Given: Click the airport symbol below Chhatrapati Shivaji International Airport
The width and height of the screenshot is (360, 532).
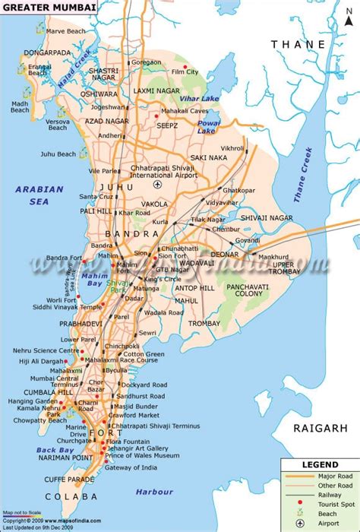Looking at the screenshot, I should pyautogui.click(x=158, y=184).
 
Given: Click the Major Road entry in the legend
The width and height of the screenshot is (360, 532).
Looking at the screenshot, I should pyautogui.click(x=328, y=475).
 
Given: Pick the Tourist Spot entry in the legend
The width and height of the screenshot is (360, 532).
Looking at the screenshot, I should pyautogui.click(x=328, y=505).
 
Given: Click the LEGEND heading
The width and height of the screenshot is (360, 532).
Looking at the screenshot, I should pyautogui.click(x=318, y=463).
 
